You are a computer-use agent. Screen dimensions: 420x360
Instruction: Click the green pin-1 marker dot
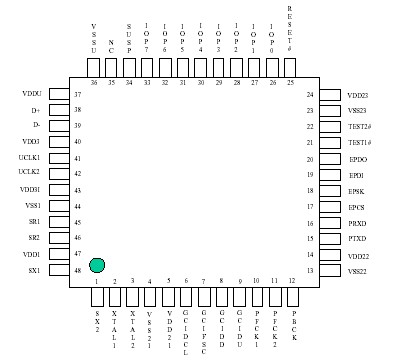coord(96,264)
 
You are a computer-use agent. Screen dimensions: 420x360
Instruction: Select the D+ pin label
coord(35,110)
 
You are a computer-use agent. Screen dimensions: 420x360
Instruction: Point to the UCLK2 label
coord(29,173)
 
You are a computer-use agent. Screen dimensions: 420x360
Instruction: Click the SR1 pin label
coord(34,221)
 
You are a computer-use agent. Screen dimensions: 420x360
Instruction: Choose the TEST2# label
coord(360,127)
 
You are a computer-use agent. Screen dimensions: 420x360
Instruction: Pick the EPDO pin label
coord(356,159)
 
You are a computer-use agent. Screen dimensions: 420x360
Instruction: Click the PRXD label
coord(357,223)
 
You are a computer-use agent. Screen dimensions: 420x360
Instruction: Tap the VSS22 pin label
coord(358,271)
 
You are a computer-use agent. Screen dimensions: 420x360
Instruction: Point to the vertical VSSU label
coord(94,37)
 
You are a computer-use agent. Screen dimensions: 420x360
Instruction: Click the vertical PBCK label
coord(293,326)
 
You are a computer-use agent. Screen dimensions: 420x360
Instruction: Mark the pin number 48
coord(77,270)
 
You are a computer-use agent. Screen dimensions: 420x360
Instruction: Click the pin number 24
coord(310,95)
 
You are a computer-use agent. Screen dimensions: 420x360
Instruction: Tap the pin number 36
coord(94,83)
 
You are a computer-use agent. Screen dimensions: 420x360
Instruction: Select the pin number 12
coord(292,281)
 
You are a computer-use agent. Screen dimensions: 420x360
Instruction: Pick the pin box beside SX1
coord(58,270)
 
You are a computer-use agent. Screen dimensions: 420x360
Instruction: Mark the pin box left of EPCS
coord(329,206)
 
